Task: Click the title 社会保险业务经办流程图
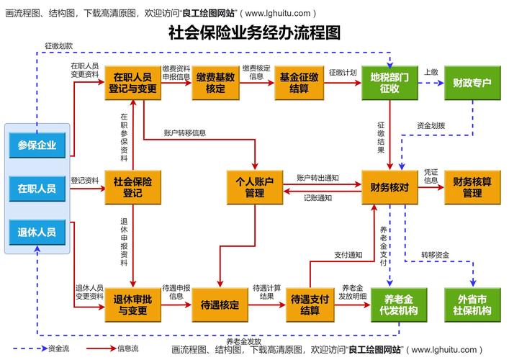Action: tap(254, 32)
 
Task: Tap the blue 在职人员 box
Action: tap(37, 189)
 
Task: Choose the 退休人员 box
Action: tap(37, 232)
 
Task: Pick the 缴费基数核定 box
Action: tap(215, 83)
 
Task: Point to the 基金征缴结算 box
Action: tap(299, 83)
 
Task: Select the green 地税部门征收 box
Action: tap(389, 83)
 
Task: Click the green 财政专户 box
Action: tap(472, 83)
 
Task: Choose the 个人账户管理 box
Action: tap(254, 186)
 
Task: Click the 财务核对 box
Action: tap(389, 186)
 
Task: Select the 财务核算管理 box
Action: tap(472, 186)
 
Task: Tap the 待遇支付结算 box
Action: tap(310, 305)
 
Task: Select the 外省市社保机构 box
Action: tap(472, 305)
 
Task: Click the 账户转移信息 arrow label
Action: tap(184, 132)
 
